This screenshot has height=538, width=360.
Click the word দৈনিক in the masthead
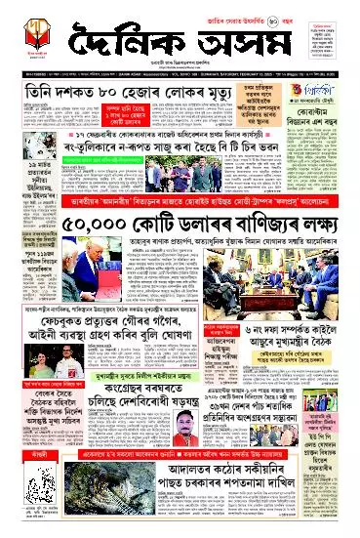tap(116, 47)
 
